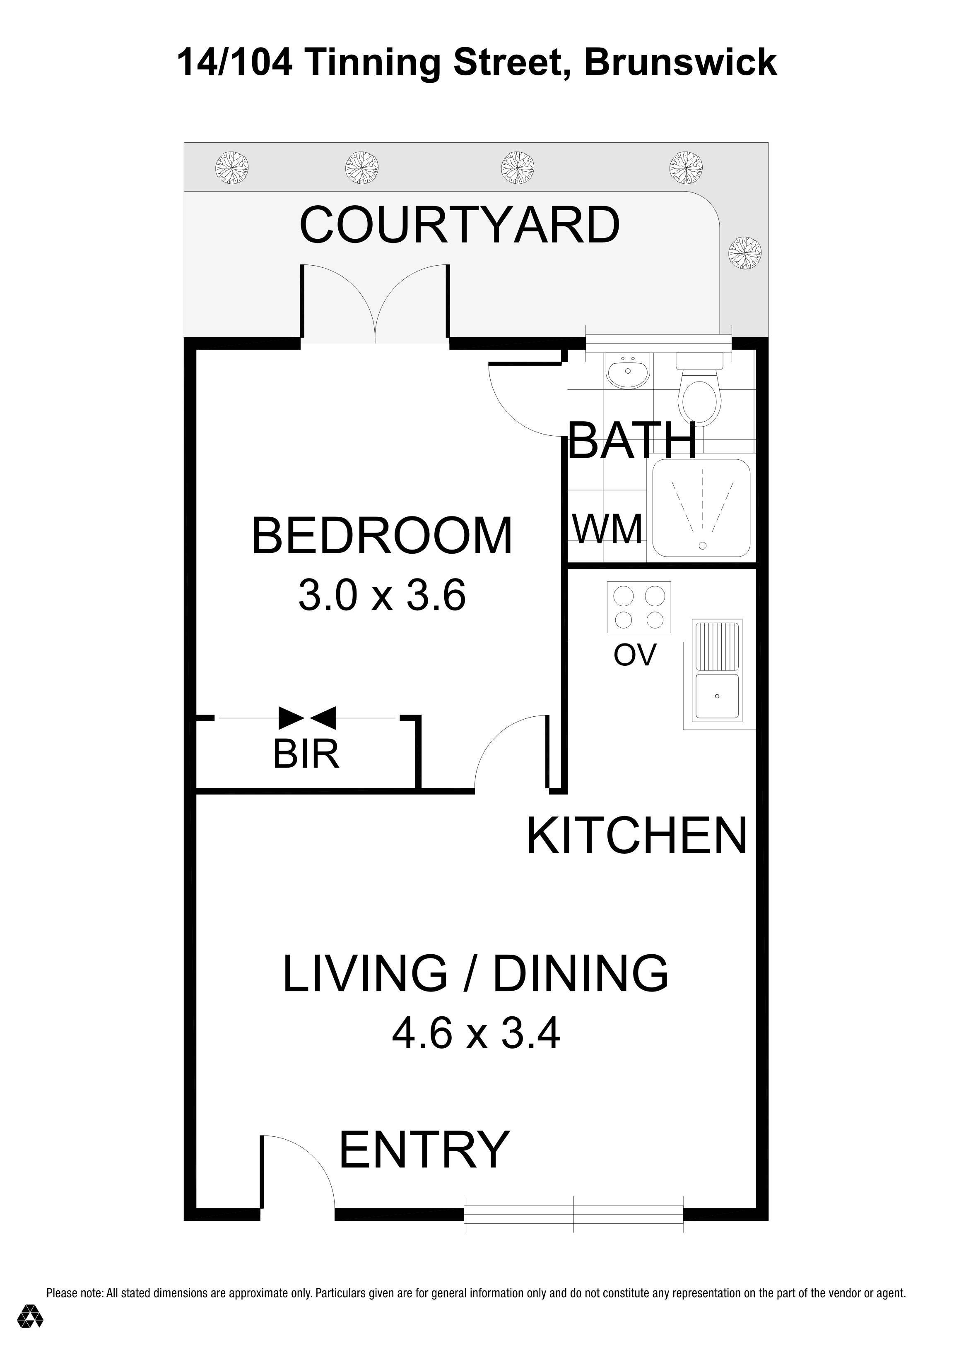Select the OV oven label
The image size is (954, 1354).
635,655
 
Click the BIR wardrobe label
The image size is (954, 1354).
306,754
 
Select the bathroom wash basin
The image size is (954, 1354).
628,370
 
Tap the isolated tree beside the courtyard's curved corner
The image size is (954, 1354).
744,253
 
